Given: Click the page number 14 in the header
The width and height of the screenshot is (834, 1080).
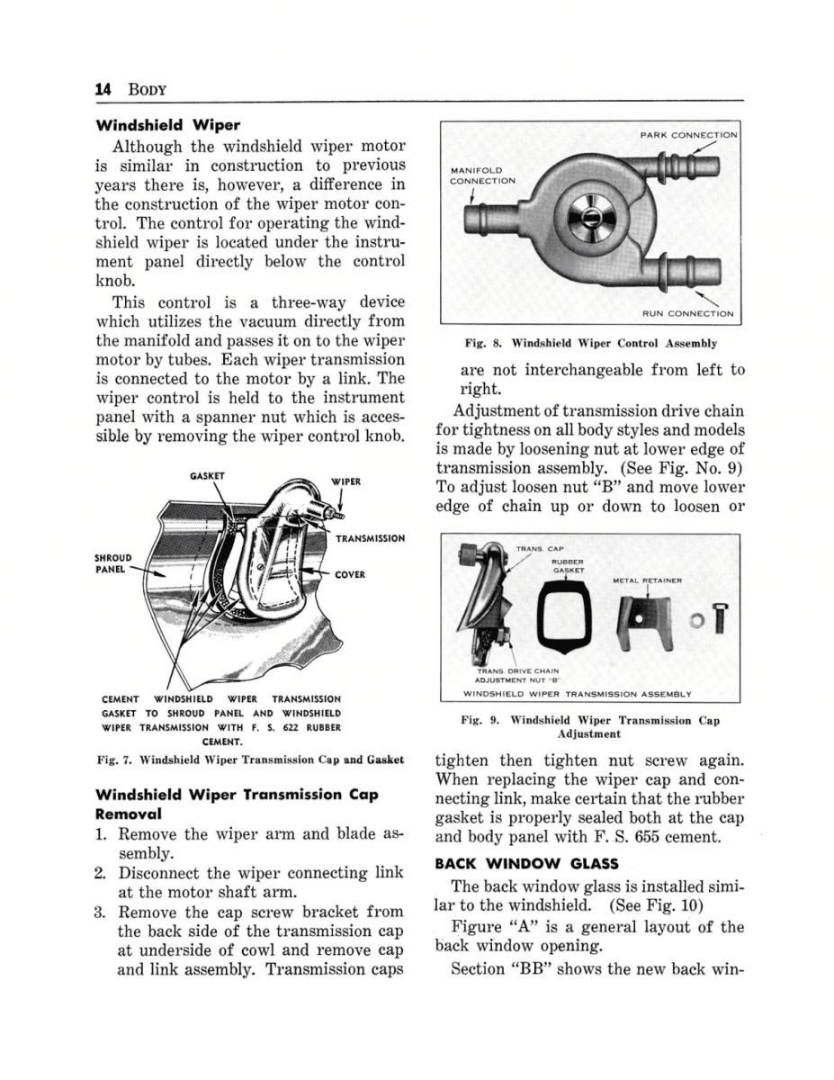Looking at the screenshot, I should (x=101, y=89).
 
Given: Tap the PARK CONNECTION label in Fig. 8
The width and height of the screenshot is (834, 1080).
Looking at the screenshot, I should (x=687, y=135).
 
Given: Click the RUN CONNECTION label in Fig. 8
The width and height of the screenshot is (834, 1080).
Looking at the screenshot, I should (x=687, y=314).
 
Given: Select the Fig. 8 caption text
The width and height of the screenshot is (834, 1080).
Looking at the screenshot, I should (x=590, y=344).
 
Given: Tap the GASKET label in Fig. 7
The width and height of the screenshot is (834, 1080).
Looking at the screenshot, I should (x=207, y=475).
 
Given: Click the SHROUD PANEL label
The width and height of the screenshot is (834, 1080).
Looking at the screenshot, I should (x=114, y=563).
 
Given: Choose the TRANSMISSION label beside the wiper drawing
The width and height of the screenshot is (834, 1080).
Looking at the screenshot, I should (x=369, y=538).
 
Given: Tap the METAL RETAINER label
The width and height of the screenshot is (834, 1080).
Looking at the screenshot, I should (x=647, y=580).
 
